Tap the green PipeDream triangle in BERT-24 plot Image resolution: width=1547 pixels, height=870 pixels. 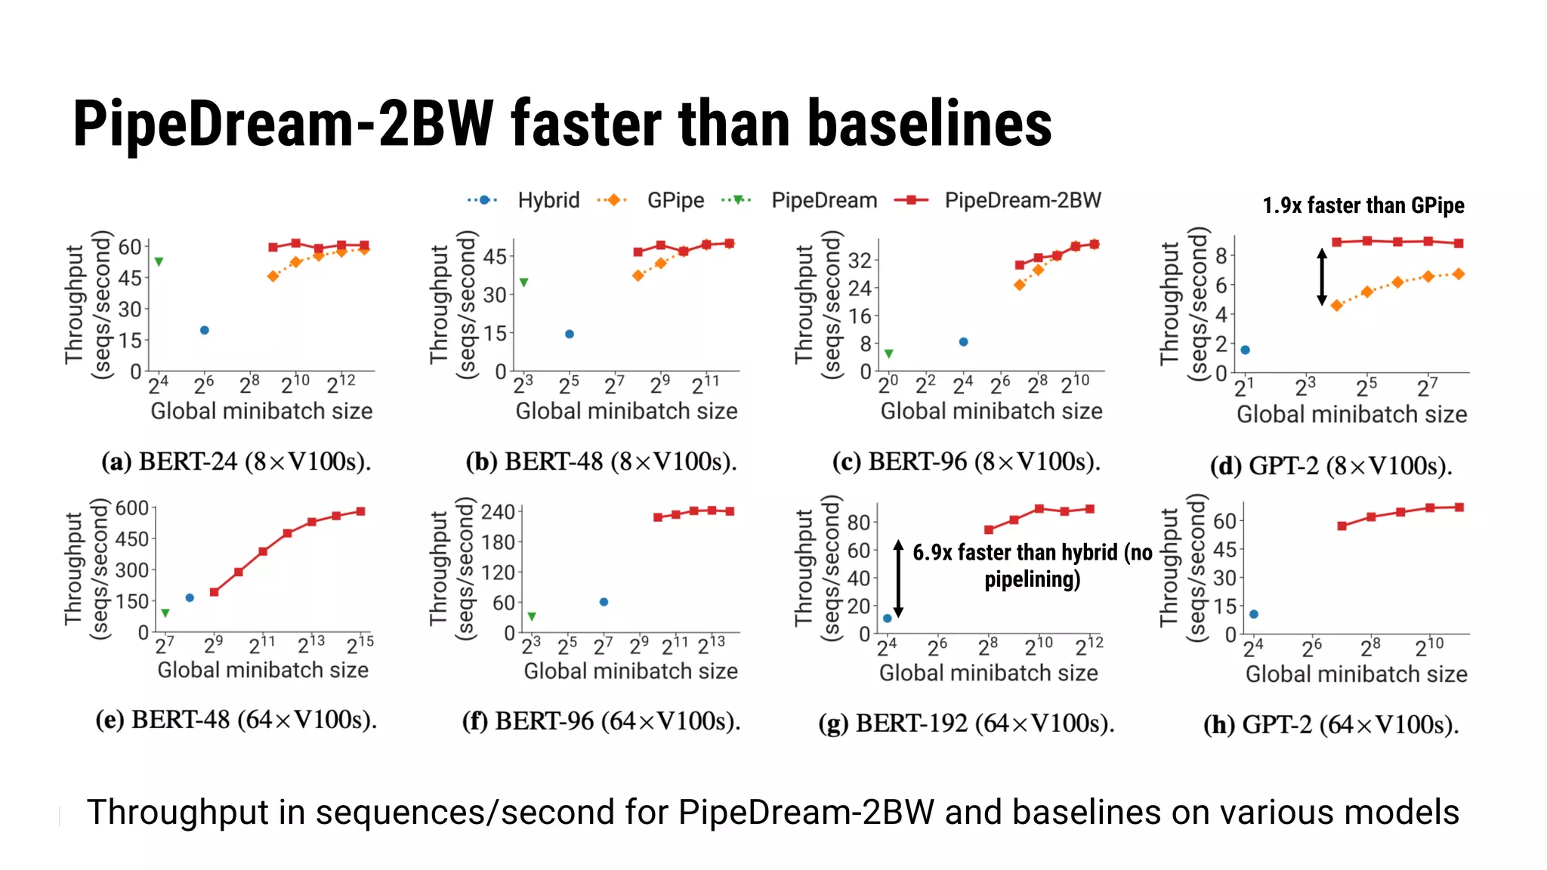159,262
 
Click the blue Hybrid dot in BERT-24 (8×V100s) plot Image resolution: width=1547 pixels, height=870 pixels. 204,330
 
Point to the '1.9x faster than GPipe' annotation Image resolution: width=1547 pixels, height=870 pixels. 1363,205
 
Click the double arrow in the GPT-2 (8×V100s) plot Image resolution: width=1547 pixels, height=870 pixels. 1321,276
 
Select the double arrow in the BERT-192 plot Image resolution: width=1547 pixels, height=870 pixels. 898,578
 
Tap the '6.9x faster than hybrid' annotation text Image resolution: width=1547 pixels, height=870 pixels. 1032,566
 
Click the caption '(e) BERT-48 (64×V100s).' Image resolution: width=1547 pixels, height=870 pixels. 236,720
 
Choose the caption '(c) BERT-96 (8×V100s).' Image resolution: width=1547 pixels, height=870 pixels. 966,461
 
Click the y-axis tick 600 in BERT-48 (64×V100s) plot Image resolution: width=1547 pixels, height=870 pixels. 132,508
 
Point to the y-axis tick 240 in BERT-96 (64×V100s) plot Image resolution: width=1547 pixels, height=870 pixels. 498,512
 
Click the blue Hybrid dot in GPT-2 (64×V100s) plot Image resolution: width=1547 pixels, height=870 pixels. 1254,614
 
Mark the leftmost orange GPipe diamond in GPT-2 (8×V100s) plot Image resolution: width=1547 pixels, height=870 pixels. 1336,306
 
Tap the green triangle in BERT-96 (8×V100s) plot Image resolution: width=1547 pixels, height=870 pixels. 889,353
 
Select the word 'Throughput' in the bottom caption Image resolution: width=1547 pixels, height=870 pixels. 178,813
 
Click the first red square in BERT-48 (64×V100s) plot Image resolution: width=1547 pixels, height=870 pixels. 215,592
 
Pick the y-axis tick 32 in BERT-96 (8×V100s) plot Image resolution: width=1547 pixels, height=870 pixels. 860,261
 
